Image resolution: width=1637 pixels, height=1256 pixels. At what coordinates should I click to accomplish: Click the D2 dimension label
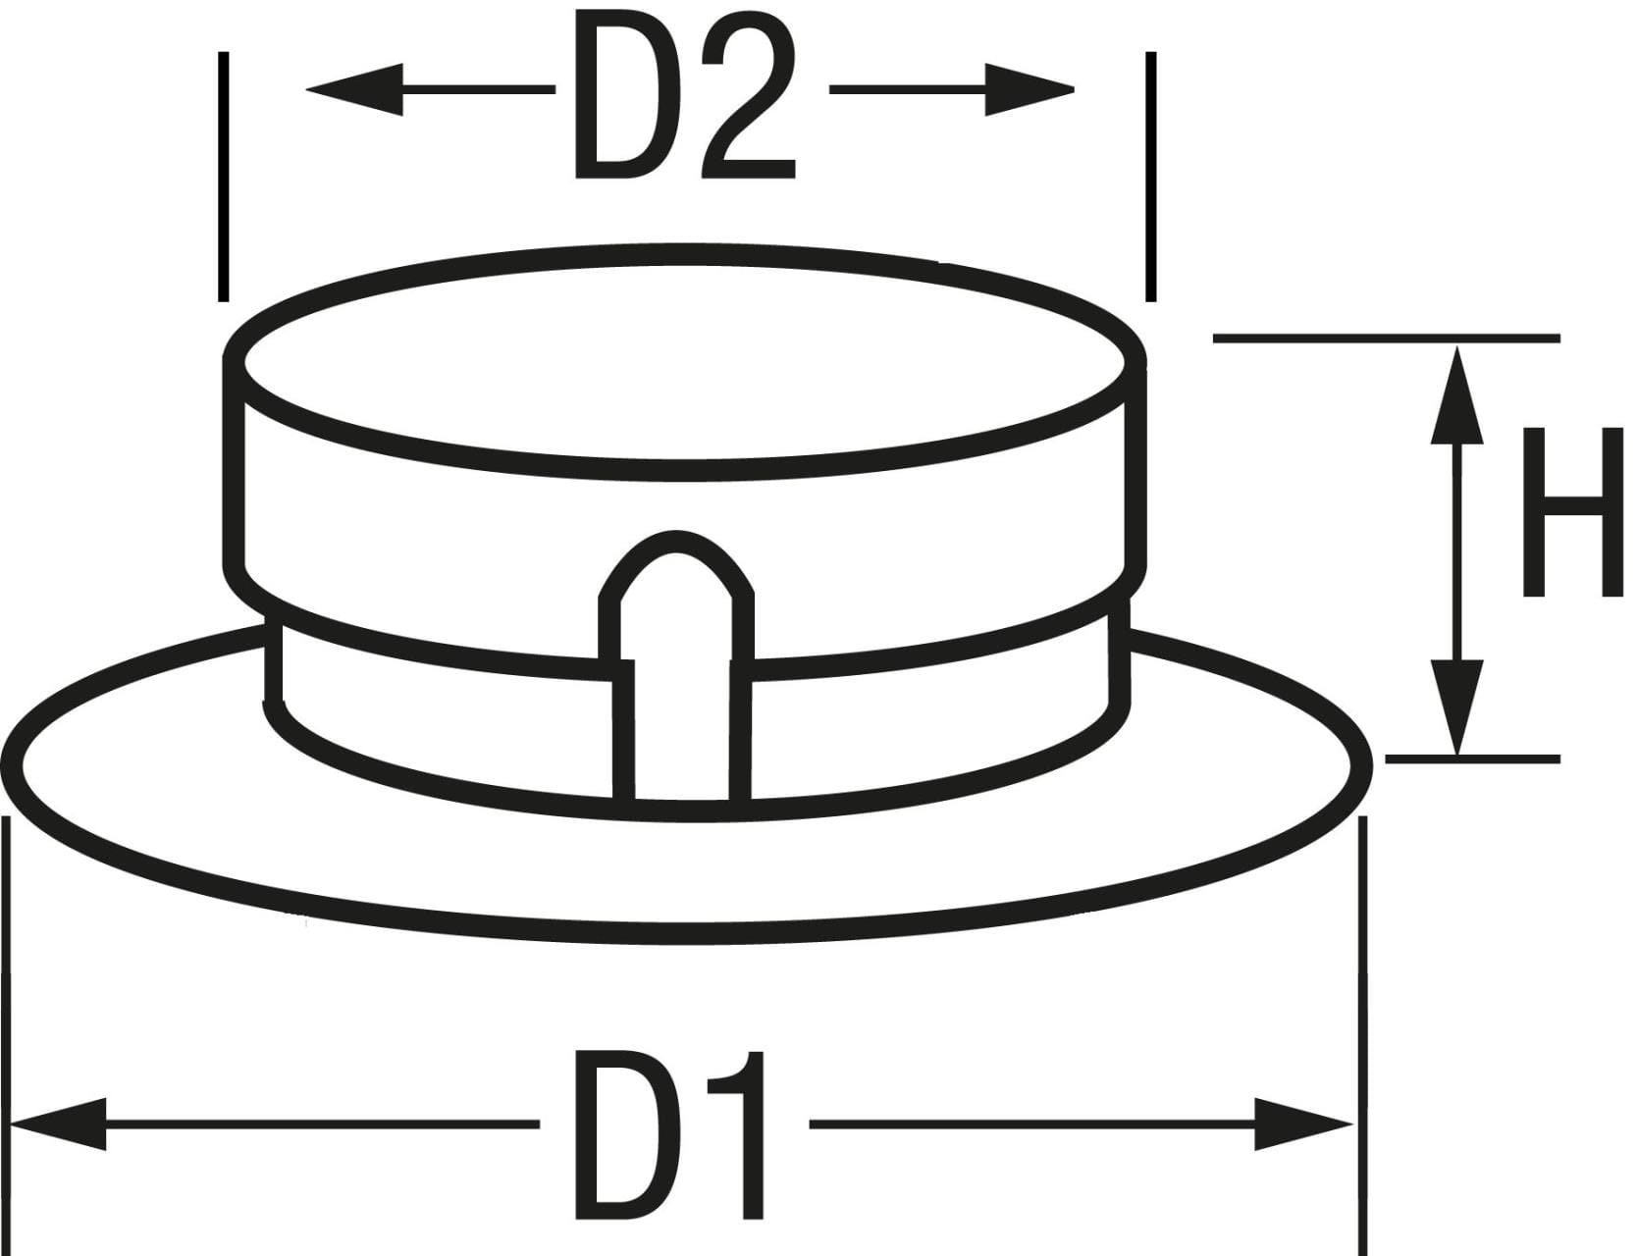pos(684,98)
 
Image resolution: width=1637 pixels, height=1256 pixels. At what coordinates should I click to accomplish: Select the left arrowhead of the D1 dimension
pos(59,1124)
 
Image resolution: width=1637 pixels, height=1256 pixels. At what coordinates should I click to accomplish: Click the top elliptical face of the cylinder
pos(684,361)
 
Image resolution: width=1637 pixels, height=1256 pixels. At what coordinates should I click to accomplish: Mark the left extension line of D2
pos(224,177)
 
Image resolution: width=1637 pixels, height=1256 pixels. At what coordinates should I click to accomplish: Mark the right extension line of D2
pos(1150,177)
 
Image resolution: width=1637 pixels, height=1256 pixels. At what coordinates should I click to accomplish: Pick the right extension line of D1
pos(1362,1030)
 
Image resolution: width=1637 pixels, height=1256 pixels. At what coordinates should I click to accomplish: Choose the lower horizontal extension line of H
pos(1472,759)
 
